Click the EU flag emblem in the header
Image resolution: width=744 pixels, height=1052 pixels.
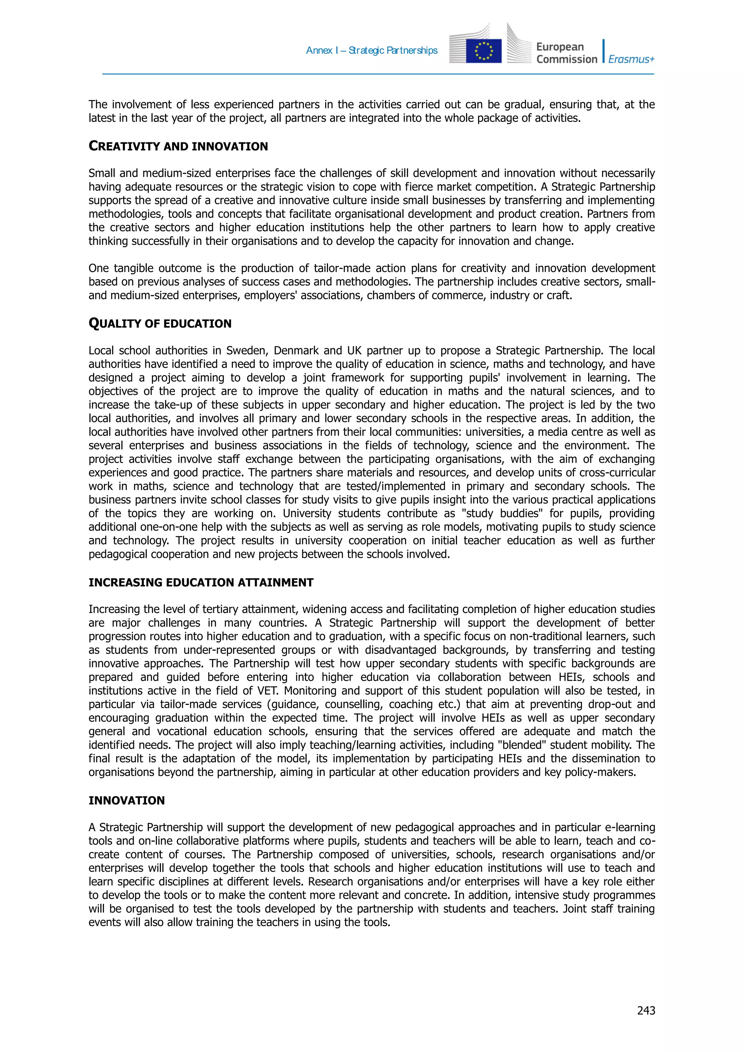tap(484, 51)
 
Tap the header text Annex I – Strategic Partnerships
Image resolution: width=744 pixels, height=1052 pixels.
tap(371, 50)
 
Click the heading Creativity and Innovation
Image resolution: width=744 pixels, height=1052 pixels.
tap(178, 146)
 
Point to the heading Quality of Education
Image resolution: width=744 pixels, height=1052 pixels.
tap(159, 324)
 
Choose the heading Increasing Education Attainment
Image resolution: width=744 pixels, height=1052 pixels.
tap(201, 582)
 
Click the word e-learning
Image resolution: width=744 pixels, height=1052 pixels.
tap(630, 828)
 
